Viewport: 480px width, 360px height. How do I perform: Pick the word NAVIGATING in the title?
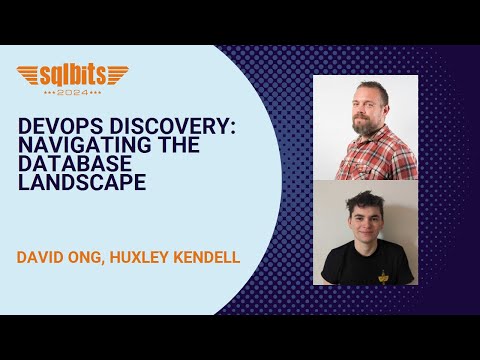[x=70, y=148]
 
